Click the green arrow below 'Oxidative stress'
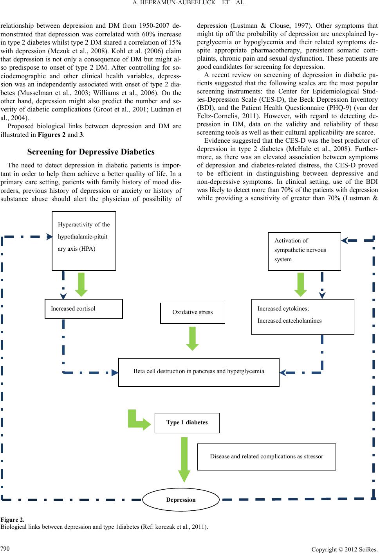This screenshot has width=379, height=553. point(192,338)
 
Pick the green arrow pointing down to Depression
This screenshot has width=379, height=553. point(184,460)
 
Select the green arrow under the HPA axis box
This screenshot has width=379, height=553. point(81,284)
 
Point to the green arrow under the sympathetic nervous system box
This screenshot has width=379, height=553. point(301,284)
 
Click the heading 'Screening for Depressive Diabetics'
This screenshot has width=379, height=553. point(91,152)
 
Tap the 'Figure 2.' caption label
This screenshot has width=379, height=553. point(13,520)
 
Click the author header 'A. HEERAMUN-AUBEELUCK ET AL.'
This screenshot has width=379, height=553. point(189,3)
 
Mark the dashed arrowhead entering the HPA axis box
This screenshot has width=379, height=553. point(50,237)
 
